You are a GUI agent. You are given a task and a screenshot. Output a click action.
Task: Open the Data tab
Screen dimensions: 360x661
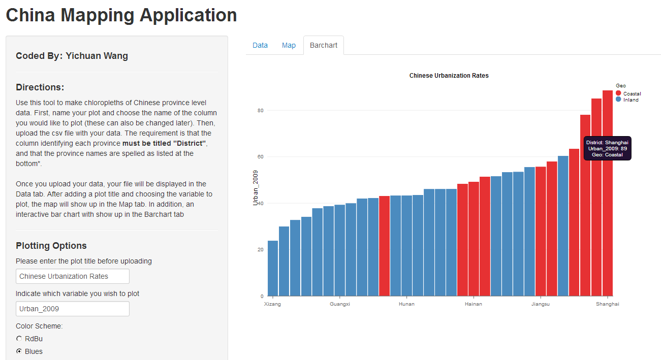[260, 45]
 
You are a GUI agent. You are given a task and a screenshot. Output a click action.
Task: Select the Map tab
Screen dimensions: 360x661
[289, 45]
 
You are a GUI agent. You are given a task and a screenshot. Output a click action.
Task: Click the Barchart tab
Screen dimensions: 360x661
[324, 45]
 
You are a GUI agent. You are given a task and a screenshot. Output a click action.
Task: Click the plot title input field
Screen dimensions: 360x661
[73, 276]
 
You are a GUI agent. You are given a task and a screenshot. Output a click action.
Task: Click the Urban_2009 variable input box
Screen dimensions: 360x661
[73, 309]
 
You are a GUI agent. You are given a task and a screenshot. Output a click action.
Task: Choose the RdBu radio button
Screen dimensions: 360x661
[19, 339]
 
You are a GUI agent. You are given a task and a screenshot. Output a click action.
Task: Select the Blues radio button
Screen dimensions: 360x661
[19, 351]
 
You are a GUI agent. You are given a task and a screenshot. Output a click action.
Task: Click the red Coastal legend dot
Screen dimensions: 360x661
[618, 93]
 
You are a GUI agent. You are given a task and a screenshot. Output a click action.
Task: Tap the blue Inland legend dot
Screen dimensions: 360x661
[618, 100]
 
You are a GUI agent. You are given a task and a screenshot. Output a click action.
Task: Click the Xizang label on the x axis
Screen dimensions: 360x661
[272, 304]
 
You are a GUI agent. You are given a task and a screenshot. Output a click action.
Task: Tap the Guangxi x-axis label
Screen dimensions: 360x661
[340, 304]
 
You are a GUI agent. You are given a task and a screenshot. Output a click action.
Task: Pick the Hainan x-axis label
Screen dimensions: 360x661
[473, 304]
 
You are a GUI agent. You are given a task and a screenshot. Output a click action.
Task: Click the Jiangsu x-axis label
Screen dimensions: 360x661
[540, 304]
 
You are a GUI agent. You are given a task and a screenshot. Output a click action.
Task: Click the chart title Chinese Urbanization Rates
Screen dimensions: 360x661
[449, 76]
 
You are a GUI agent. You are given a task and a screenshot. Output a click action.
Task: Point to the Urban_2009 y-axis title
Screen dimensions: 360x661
[256, 188]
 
